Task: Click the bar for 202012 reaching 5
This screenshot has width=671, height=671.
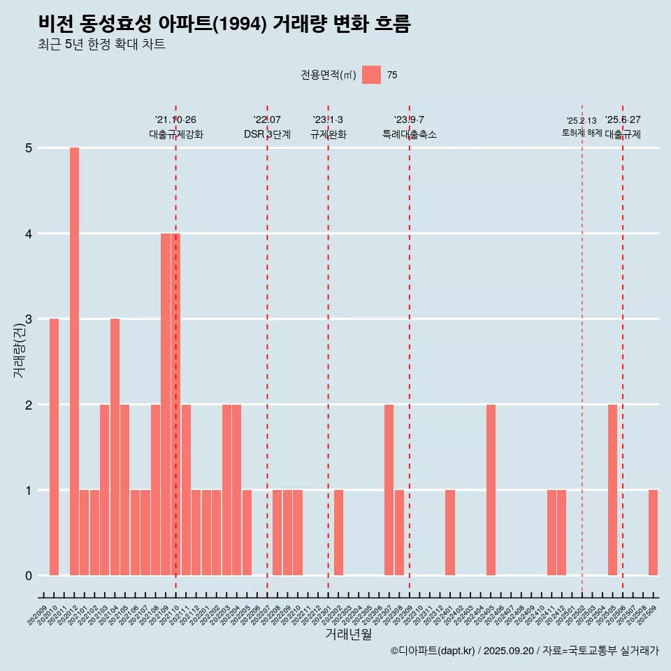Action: pos(74,361)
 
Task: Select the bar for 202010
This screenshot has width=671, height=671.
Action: pos(54,447)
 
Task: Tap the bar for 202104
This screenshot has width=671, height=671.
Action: pos(115,447)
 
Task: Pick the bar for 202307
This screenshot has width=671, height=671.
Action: pos(389,489)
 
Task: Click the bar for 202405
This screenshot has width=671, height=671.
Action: pos(491,489)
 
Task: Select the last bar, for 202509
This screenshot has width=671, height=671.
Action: pos(653,533)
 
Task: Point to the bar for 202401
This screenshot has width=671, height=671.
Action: pos(450,533)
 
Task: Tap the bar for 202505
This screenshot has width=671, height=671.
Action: pos(612,489)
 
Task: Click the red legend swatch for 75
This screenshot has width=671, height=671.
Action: pos(371,75)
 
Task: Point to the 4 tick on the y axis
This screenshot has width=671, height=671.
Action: pos(29,233)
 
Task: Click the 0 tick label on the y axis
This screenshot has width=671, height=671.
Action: pos(29,576)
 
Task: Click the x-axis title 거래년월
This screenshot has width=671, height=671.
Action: pos(348,634)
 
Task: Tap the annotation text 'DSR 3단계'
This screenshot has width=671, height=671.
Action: pos(267,134)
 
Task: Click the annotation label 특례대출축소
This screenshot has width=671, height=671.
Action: pos(410,134)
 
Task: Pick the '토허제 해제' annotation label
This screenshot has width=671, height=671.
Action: pos(582,132)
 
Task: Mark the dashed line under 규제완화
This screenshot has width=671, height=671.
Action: pos(328,349)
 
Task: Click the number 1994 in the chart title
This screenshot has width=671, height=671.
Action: pos(237,24)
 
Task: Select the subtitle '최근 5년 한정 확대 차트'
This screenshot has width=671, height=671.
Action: pos(102,45)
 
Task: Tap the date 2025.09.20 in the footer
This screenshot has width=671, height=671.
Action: pos(509,651)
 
